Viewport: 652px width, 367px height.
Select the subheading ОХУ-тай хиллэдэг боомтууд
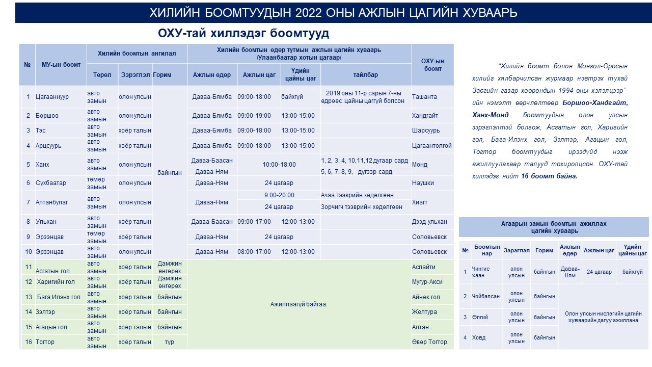click(243, 34)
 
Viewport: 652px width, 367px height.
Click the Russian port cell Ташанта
click(424, 97)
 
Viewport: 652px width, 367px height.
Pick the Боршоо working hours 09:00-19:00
click(254, 116)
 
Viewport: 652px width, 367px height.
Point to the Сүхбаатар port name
click(53, 183)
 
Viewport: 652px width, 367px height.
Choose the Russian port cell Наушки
click(423, 183)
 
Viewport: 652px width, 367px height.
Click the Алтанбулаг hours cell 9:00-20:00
click(279, 195)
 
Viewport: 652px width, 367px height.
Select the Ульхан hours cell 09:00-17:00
click(254, 222)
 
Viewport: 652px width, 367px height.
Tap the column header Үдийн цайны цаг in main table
click(301, 74)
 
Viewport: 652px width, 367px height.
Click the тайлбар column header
click(366, 75)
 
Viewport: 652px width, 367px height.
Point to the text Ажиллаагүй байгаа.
click(298, 304)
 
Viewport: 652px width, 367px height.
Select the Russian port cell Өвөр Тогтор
click(429, 342)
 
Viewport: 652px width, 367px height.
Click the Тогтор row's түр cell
click(170, 342)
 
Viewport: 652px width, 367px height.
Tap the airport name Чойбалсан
click(485, 296)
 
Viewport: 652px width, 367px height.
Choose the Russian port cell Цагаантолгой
click(431, 146)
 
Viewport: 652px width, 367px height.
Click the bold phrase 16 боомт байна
click(549, 176)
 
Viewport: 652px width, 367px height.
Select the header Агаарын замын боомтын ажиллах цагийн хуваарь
click(554, 227)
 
